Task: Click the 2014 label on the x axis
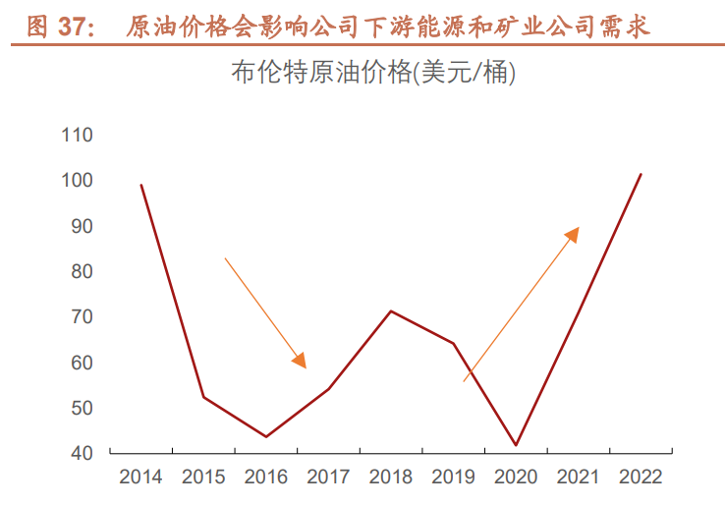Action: tap(140, 478)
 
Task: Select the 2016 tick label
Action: tap(265, 478)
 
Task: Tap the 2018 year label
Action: tap(391, 478)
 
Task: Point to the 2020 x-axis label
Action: tap(516, 478)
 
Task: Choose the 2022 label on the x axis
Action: tap(641, 478)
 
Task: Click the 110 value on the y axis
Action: tap(76, 135)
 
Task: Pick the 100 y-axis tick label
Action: tap(76, 181)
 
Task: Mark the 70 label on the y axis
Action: tap(80, 317)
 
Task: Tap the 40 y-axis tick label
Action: tap(80, 454)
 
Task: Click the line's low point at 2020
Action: tap(516, 445)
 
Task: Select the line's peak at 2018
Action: tap(391, 310)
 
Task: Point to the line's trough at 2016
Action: tap(265, 436)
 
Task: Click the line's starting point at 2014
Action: tap(141, 185)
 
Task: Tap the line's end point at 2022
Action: tap(641, 174)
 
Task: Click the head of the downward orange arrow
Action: tap(302, 362)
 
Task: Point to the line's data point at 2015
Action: tap(203, 397)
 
